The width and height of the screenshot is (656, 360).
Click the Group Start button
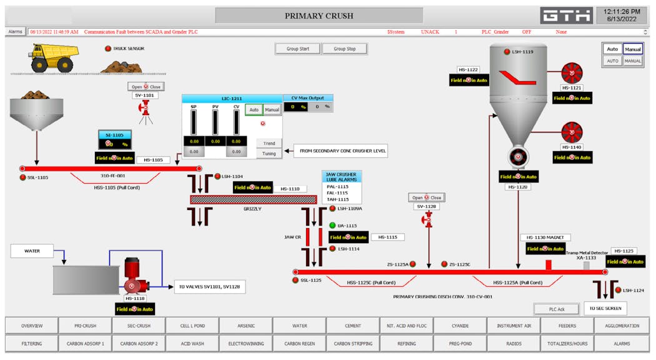[298, 49]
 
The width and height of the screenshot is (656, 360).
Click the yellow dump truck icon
[55, 58]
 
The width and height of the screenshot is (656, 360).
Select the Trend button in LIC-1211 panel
[269, 143]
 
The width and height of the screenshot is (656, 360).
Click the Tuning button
[269, 153]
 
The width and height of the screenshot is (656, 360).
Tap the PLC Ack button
[556, 309]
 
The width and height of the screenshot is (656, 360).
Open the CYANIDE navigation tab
[460, 326]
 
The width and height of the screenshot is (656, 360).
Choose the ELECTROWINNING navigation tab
[246, 343]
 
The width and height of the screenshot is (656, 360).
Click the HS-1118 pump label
[135, 299]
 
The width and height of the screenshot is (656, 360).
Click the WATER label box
[32, 251]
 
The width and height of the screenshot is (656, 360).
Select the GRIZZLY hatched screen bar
[252, 199]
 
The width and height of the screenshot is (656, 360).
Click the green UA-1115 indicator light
[332, 226]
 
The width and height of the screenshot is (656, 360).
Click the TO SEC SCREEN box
[605, 308]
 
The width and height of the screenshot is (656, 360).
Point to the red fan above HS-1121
[571, 74]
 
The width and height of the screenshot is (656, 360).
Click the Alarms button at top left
[16, 31]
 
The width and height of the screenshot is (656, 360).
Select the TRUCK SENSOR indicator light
[107, 49]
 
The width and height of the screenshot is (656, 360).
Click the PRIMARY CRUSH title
[319, 16]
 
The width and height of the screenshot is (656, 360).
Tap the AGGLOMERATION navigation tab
[621, 326]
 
